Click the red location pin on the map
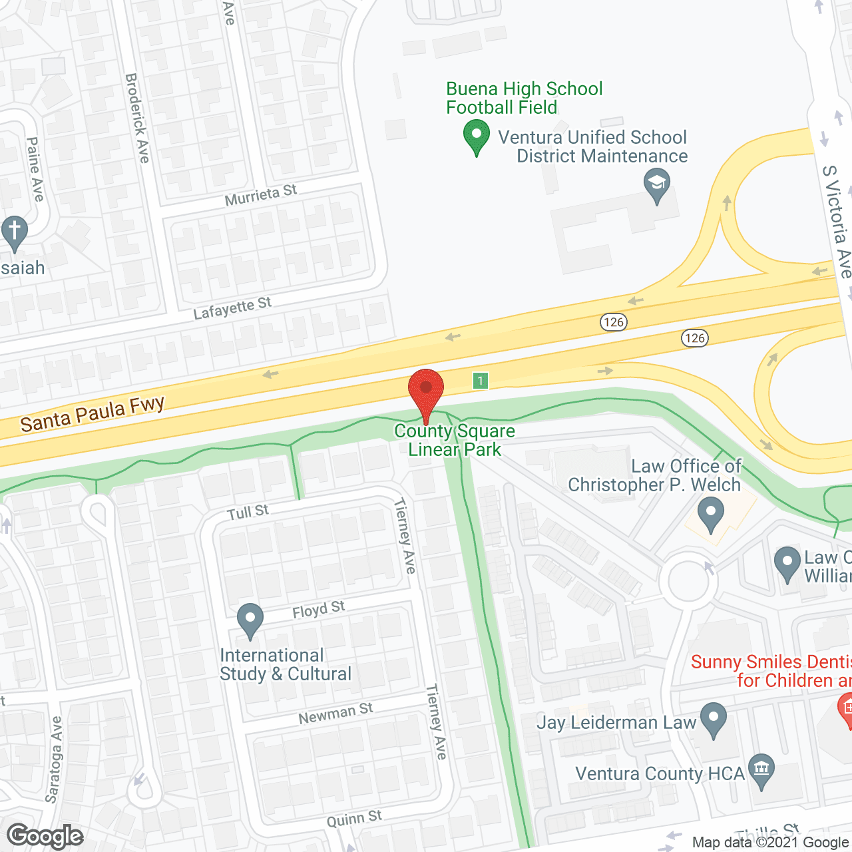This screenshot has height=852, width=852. pos(426,389)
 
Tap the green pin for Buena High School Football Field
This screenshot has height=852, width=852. pos(477,134)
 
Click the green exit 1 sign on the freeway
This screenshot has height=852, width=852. pos(481,380)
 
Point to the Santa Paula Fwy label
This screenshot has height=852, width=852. pos(92,413)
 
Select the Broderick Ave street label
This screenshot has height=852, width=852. pos(137,118)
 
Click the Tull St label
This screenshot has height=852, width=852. pos(248,513)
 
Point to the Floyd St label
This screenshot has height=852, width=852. pos(319,609)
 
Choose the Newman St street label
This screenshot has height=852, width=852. pos(335,714)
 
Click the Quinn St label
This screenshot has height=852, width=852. pos(354,818)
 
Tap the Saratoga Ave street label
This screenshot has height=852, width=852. pos(53,759)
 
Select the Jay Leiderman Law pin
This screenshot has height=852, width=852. pos(714,719)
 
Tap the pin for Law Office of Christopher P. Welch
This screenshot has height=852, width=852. pos(711,515)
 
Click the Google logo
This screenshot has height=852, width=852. pos(45,836)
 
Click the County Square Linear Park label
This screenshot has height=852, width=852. pos(455,440)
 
